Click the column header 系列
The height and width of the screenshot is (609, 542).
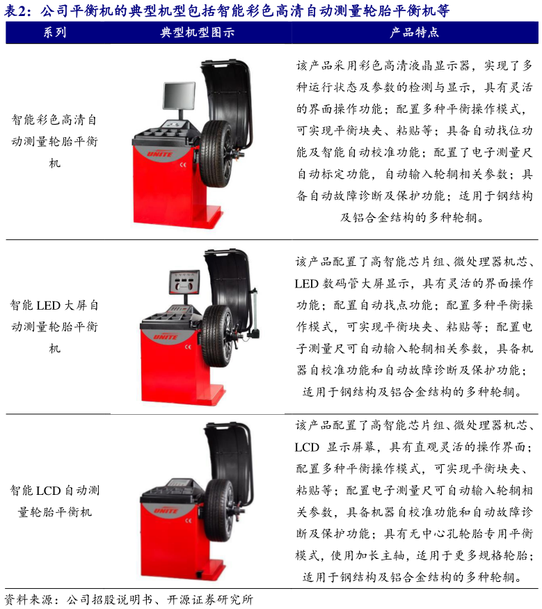pos(55,32)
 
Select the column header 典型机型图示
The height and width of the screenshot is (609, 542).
pos(197,32)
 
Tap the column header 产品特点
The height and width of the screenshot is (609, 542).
pos(414,32)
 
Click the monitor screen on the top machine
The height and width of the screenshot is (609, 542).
pos(179,95)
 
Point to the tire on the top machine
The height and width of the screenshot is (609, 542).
pos(216,153)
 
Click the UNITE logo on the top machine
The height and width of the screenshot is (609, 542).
pos(159,155)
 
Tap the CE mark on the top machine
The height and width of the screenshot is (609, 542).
pos(183,165)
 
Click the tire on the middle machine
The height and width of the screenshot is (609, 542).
pos(218,335)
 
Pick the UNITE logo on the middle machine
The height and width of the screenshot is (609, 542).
pos(166,337)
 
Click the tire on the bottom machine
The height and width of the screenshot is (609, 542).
pos(219,510)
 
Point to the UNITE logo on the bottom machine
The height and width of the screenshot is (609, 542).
pos(166,510)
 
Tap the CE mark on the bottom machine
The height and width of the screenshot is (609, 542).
pos(189,521)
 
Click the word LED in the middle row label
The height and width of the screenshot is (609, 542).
pos(48,306)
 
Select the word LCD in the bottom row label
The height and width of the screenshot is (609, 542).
pos(48,491)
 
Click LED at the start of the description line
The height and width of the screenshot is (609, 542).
pos(307,283)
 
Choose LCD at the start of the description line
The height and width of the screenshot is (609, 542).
pos(307,447)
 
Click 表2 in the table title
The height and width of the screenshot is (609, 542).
pos(17,10)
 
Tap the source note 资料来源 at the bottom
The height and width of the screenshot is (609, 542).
pos(29,599)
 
